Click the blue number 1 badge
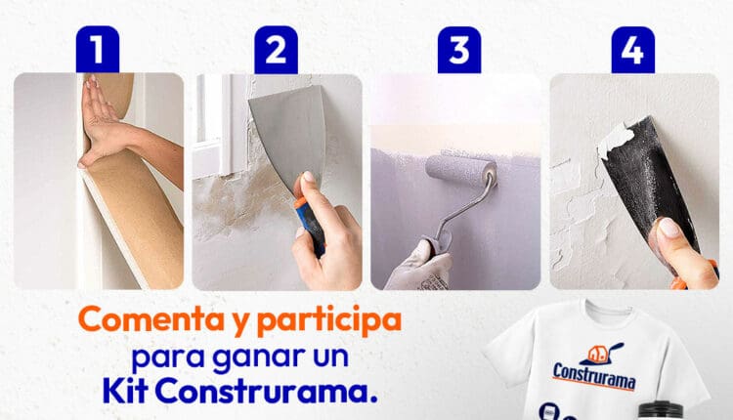point(97,50)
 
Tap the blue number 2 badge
point(276,50)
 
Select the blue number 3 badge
point(459,50)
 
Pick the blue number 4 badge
point(633,50)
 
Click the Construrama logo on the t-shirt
point(594,369)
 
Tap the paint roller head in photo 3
point(461,171)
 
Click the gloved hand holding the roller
point(418,267)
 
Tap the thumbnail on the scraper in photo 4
point(669,228)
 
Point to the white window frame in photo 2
point(221,126)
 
